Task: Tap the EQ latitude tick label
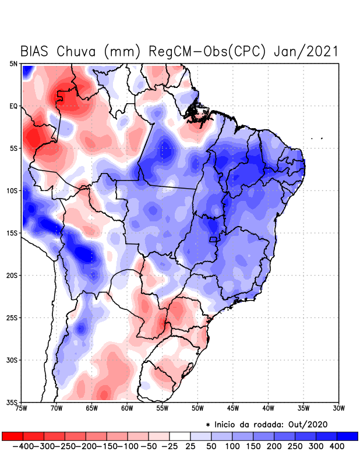(x=13, y=106)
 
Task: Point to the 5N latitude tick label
(x=13, y=63)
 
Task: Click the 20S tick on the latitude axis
(x=12, y=275)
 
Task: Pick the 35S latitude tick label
(x=12, y=402)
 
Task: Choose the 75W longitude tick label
(x=22, y=408)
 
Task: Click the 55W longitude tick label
(x=163, y=408)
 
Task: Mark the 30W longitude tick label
(x=339, y=408)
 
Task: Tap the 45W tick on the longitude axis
(x=233, y=408)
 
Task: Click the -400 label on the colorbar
(x=23, y=446)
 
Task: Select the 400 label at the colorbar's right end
(x=336, y=446)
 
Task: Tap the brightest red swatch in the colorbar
(x=12, y=436)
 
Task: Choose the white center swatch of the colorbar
(x=179, y=436)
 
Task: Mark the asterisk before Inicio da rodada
(x=208, y=425)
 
